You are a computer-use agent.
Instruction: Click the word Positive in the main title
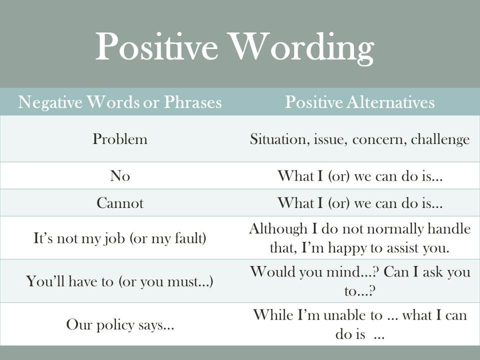pyautogui.click(x=156, y=46)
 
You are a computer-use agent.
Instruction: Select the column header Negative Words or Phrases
pyautogui.click(x=119, y=102)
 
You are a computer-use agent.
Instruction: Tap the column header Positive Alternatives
pyautogui.click(x=359, y=102)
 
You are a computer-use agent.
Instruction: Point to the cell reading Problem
pyautogui.click(x=120, y=139)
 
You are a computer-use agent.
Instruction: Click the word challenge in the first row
pyautogui.click(x=440, y=139)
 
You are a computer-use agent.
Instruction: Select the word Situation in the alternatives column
pyautogui.click(x=277, y=139)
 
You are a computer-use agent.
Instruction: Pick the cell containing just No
pyautogui.click(x=120, y=176)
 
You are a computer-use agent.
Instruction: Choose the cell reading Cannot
pyautogui.click(x=120, y=203)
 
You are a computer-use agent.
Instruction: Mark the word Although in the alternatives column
pyautogui.click(x=278, y=229)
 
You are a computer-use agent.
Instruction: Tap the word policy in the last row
pyautogui.click(x=115, y=325)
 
